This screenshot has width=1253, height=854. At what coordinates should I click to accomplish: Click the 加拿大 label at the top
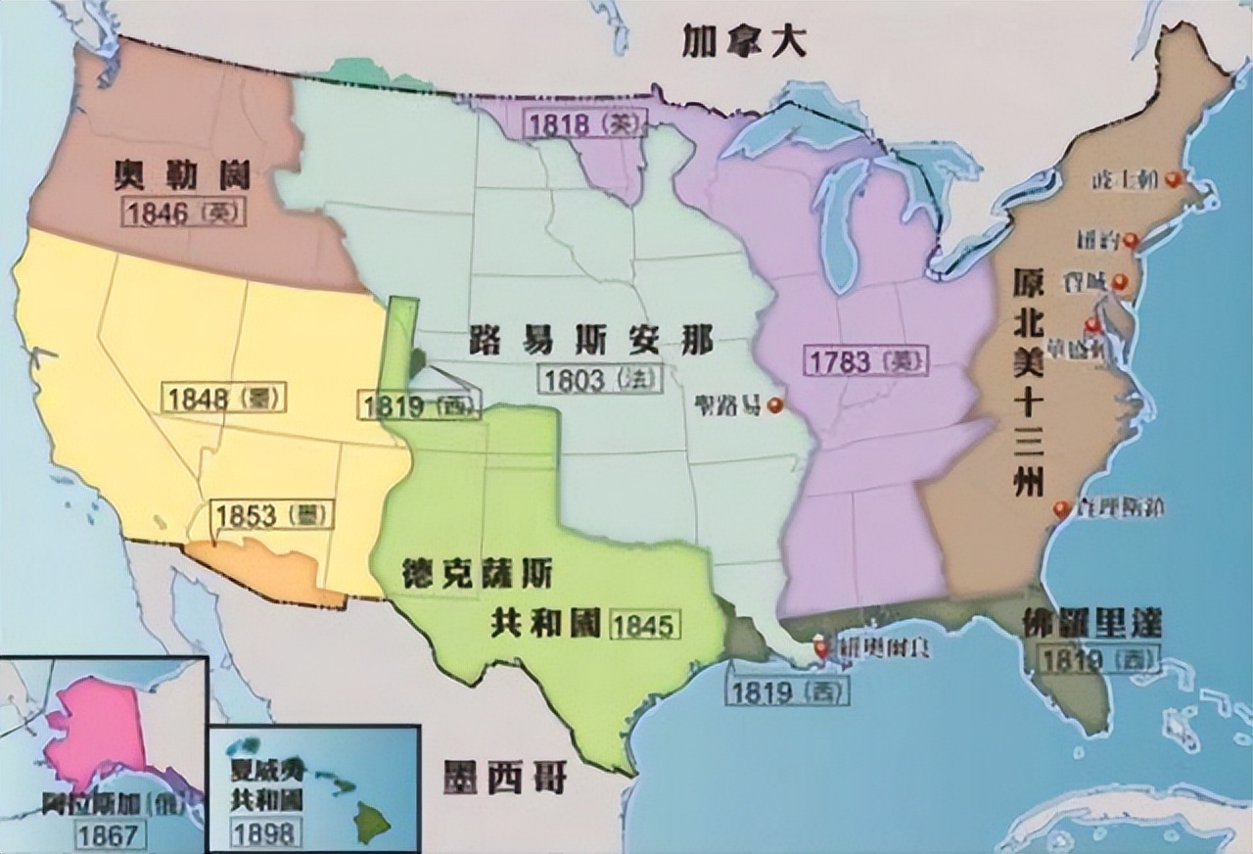coord(745,42)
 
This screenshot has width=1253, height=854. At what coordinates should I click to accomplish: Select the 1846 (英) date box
coord(184,213)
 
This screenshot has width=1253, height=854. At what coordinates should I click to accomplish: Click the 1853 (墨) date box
coord(272,516)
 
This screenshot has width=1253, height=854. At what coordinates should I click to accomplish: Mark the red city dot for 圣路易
coord(776,403)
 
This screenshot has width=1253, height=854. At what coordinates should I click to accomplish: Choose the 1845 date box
coord(644,623)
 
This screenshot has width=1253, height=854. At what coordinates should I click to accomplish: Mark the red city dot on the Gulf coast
coord(819,646)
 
